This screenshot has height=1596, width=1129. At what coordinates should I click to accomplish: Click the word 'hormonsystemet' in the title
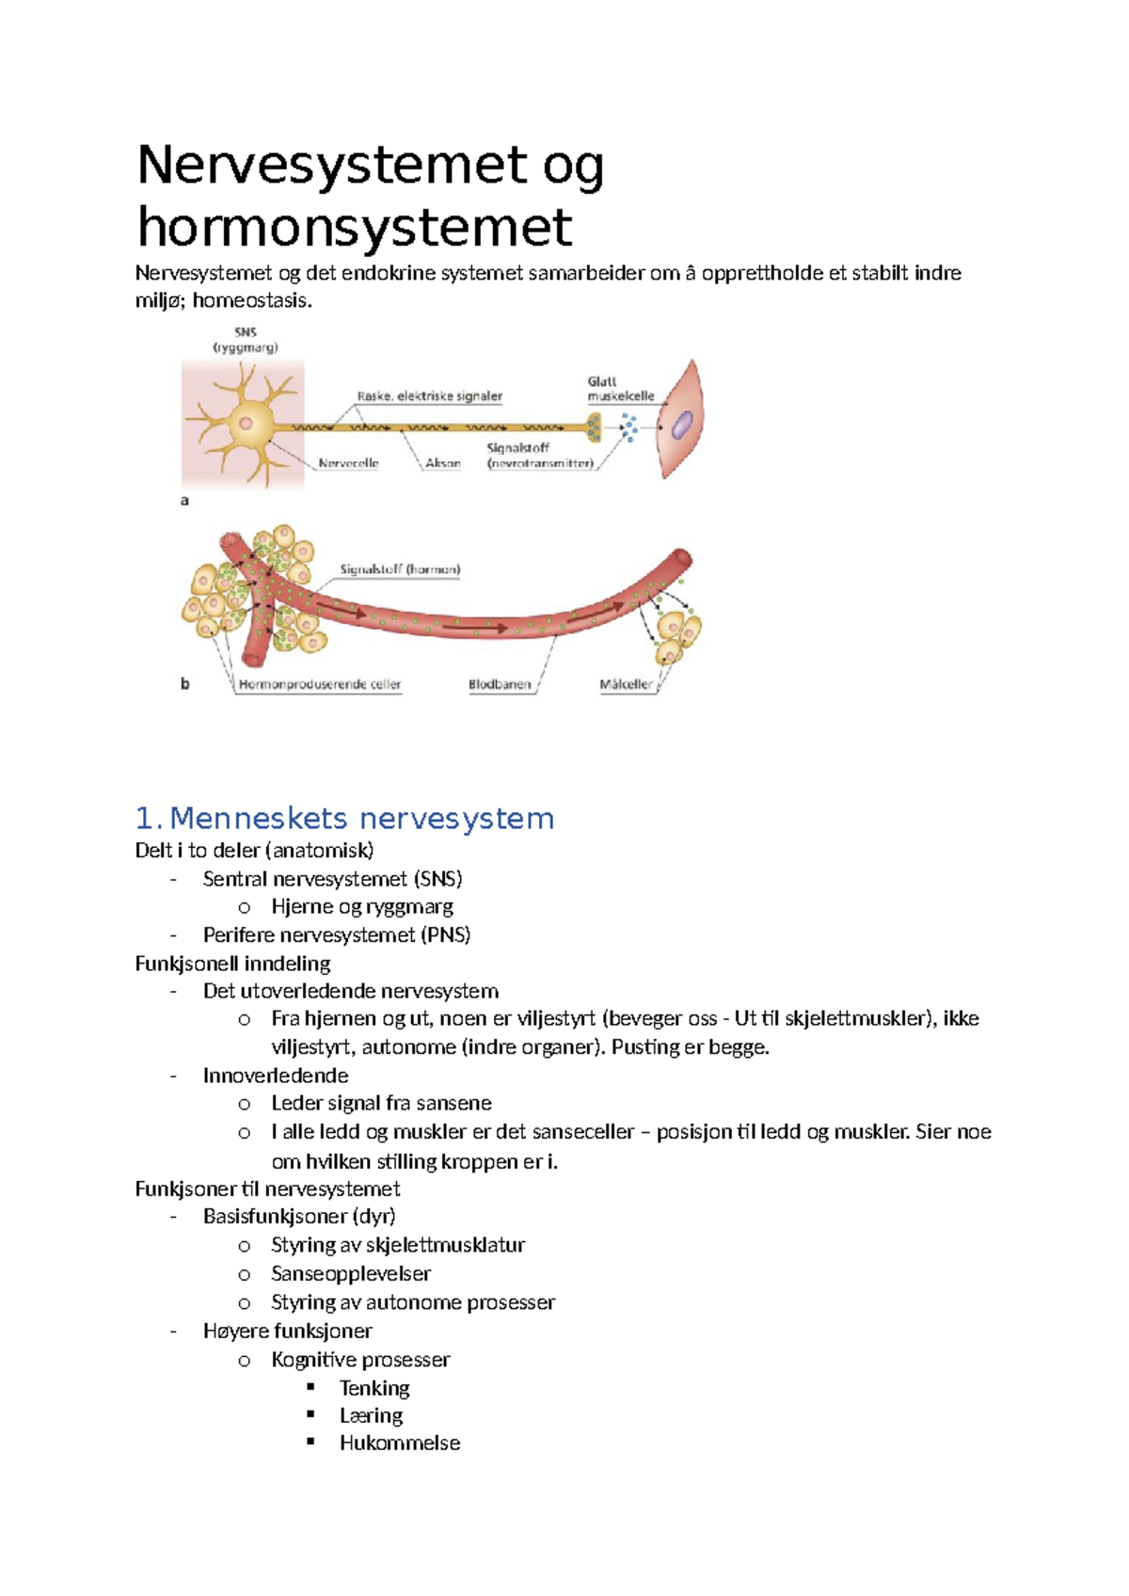pyautogui.click(x=355, y=228)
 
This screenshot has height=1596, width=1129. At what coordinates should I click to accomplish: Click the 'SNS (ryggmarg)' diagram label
pyautogui.click(x=246, y=340)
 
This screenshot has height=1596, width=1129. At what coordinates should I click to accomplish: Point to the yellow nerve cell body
pyautogui.click(x=247, y=423)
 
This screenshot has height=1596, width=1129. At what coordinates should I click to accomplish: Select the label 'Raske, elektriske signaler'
pyautogui.click(x=430, y=396)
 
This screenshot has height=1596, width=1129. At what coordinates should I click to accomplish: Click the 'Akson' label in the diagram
pyautogui.click(x=443, y=463)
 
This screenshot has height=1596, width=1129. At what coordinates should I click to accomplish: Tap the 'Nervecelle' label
pyautogui.click(x=348, y=463)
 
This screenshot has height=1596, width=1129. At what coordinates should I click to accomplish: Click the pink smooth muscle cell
pyautogui.click(x=682, y=422)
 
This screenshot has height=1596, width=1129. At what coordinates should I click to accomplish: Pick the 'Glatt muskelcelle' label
pyautogui.click(x=620, y=389)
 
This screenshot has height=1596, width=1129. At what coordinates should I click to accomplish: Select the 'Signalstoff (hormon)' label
pyautogui.click(x=400, y=569)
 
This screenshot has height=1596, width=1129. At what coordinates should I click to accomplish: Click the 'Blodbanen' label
pyautogui.click(x=500, y=684)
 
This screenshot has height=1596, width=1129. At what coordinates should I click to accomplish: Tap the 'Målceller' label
pyautogui.click(x=626, y=684)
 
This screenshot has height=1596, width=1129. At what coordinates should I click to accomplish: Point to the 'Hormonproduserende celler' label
pyautogui.click(x=320, y=684)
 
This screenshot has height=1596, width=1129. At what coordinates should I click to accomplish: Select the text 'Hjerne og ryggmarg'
pyautogui.click(x=362, y=906)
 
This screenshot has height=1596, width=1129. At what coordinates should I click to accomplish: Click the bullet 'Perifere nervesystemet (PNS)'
pyautogui.click(x=337, y=934)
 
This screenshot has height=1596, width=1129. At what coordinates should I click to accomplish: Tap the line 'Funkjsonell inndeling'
pyautogui.click(x=233, y=964)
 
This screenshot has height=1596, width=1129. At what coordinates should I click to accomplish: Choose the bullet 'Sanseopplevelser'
pyautogui.click(x=351, y=1273)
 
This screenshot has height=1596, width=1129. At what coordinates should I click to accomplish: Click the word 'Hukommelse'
pyautogui.click(x=400, y=1443)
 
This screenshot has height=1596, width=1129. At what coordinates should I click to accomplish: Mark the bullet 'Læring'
pyautogui.click(x=371, y=1415)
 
